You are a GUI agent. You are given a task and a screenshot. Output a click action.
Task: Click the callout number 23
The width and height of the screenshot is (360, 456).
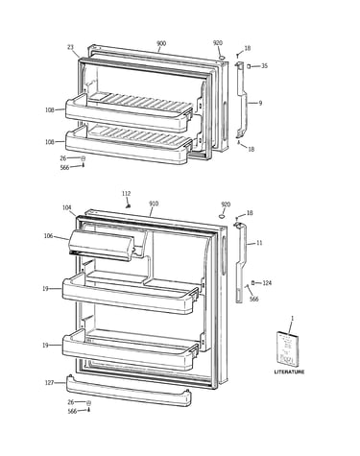point(70,47)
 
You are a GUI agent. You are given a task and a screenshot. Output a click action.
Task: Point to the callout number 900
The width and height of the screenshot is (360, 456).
point(161,43)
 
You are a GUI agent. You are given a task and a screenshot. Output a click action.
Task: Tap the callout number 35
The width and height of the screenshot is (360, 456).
point(264,66)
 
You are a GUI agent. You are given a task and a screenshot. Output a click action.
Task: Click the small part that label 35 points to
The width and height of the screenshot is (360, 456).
point(249,66)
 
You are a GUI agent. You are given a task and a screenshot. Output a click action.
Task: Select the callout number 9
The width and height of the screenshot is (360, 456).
point(260,103)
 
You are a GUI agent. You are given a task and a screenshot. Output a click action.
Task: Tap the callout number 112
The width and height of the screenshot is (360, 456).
point(126,194)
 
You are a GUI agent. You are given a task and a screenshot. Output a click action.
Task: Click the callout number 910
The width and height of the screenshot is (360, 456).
point(154,204)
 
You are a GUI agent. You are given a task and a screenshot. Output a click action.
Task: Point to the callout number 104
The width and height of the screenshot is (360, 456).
point(66,207)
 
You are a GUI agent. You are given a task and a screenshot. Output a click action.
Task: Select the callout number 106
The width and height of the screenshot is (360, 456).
point(48,236)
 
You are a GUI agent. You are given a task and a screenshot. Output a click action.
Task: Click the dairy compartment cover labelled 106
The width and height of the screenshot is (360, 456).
point(102,245)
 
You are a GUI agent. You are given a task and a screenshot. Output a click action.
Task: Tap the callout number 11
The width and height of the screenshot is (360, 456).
point(259,243)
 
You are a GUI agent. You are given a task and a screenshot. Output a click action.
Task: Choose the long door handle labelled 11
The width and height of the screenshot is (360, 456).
point(242,262)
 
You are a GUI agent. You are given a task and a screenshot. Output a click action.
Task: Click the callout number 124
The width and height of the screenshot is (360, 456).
point(267,283)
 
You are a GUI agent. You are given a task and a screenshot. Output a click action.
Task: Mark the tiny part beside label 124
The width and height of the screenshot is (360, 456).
point(253,283)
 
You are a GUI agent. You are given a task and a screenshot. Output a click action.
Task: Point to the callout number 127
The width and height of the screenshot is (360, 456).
point(49,383)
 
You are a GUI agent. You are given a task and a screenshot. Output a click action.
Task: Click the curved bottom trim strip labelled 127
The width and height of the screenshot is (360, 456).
point(129,391)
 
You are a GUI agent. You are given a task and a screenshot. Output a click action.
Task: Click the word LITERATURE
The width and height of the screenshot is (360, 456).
point(289,372)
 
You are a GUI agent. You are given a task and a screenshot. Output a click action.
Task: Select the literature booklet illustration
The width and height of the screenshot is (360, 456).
point(285,348)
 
